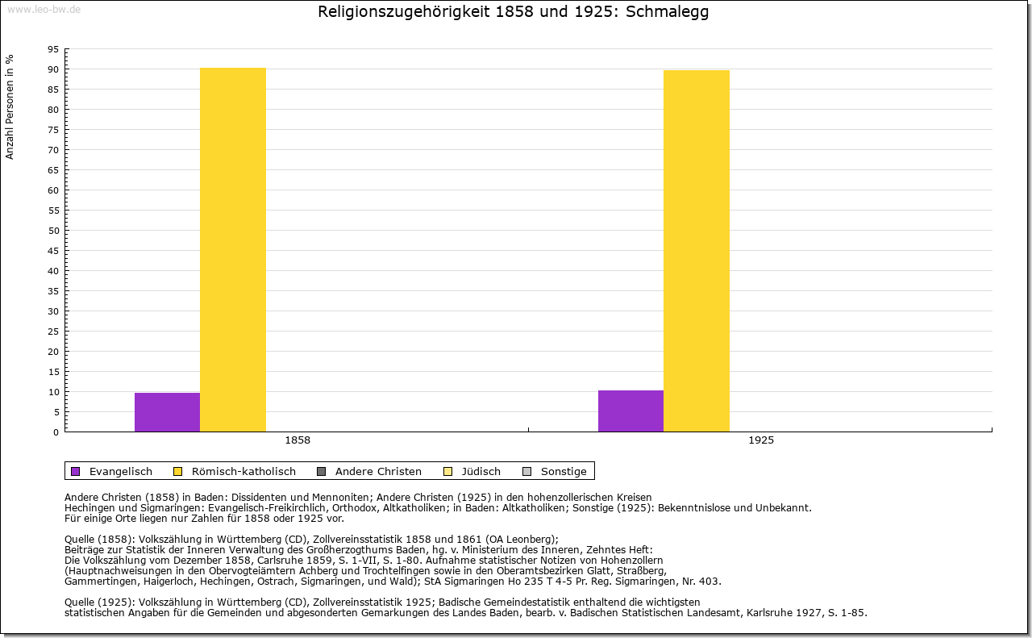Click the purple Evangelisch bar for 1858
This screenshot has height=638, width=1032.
167,412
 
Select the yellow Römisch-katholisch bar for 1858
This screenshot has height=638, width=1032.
233,250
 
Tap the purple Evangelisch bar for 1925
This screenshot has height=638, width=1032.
630,411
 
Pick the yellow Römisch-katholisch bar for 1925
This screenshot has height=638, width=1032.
697,251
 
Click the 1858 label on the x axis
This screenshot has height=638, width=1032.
298,441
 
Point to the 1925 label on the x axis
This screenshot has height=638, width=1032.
761,441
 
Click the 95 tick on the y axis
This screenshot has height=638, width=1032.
53,49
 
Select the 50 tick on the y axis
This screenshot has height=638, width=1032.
53,231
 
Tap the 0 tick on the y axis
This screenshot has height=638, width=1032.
56,432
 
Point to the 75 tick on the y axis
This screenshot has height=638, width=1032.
53,130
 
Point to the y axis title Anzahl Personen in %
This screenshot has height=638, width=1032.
10,107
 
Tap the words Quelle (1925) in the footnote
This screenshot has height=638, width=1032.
99,602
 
